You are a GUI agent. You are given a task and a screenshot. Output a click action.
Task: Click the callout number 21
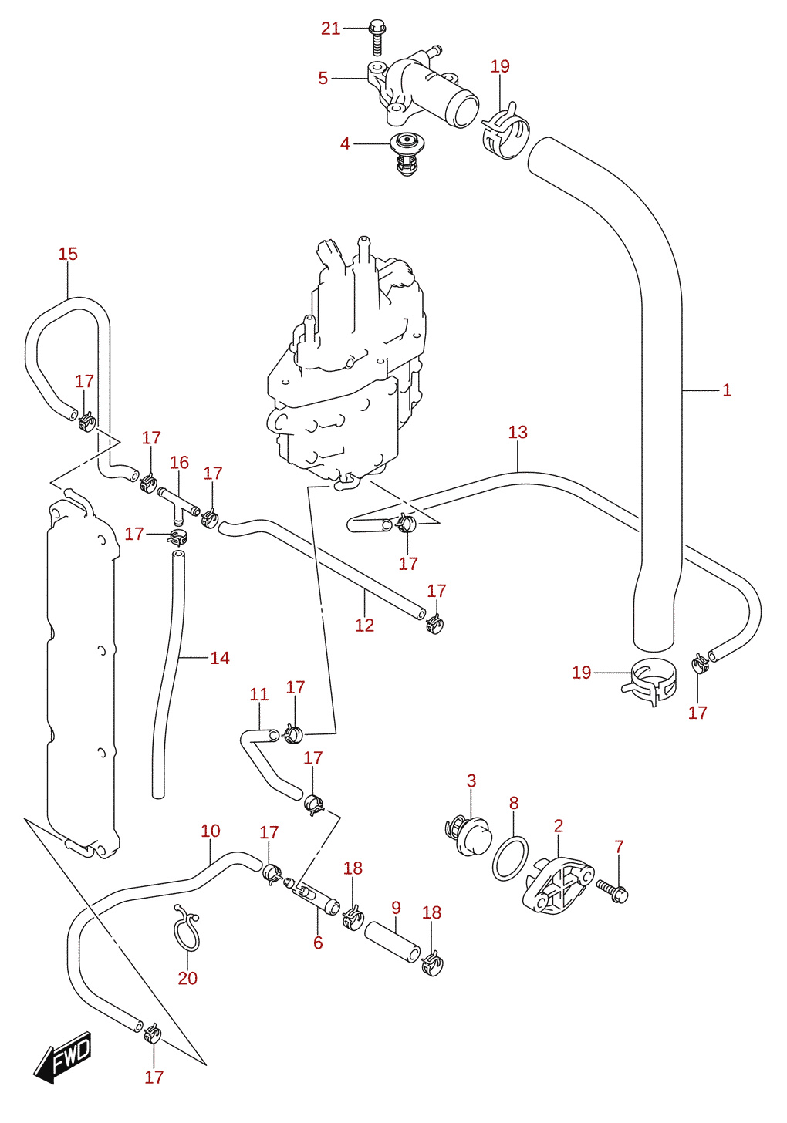pyautogui.click(x=330, y=29)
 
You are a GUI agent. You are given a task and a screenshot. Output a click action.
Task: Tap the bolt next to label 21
pyautogui.click(x=377, y=38)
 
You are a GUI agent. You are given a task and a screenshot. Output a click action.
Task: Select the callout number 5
pyautogui.click(x=323, y=78)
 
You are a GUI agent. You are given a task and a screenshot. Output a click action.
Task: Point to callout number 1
pyautogui.click(x=727, y=390)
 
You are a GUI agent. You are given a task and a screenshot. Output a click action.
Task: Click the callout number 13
pyautogui.click(x=518, y=432)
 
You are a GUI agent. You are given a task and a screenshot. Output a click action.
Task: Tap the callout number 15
pyautogui.click(x=68, y=255)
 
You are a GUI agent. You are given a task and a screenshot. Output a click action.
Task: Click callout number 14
pyautogui.click(x=220, y=658)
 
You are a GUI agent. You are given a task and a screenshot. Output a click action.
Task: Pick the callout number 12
pyautogui.click(x=365, y=626)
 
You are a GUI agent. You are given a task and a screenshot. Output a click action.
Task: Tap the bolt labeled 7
pyautogui.click(x=613, y=892)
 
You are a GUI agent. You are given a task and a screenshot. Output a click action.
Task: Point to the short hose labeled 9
pyautogui.click(x=392, y=942)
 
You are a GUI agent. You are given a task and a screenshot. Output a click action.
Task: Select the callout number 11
pyautogui.click(x=259, y=695)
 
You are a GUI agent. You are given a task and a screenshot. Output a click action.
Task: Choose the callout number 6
pyautogui.click(x=318, y=943)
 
